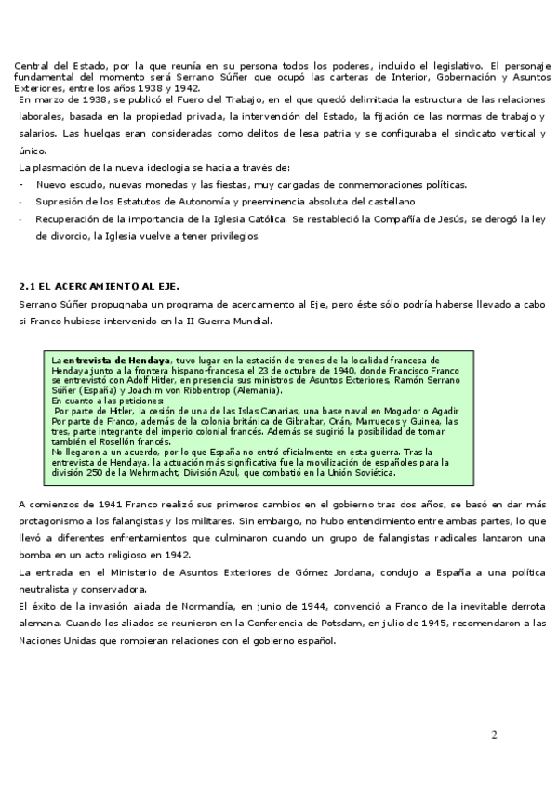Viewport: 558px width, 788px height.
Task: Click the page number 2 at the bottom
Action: pos(495,736)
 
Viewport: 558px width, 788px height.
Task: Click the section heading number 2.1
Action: pos(28,286)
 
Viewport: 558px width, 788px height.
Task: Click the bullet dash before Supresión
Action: pos(21,201)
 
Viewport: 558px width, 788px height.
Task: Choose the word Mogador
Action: pos(401,411)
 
